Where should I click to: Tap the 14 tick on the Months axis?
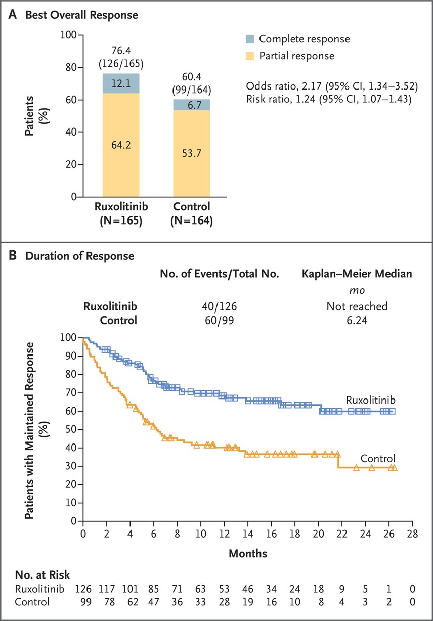tap(248, 534)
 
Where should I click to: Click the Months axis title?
tap(248, 553)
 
